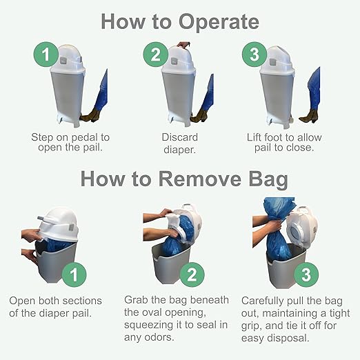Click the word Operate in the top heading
tap(219, 23)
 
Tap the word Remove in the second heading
tap(200, 179)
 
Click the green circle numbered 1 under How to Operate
tap(46, 54)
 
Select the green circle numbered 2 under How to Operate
tap(156, 54)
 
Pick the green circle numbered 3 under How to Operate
tap(254, 54)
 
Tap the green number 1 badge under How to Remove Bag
tap(74, 274)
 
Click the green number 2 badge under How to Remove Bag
tap(192, 274)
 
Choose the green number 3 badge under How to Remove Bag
tap(306, 274)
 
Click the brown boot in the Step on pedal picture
tap(90, 115)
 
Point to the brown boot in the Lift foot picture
tap(309, 117)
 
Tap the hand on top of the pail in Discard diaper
tap(183, 45)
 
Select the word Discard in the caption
tap(180, 137)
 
